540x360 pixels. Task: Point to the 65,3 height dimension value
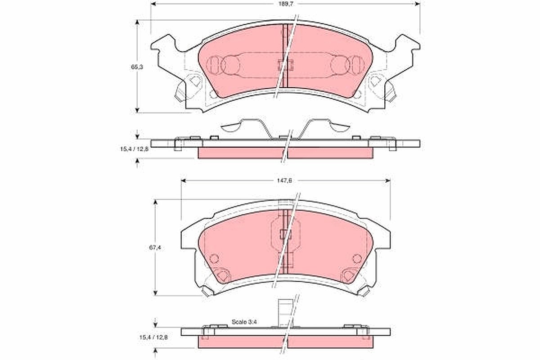coord(137,67)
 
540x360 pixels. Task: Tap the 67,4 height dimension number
coord(155,247)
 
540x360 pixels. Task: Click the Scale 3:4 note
coord(244,322)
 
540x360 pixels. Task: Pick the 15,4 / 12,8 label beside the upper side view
coord(135,149)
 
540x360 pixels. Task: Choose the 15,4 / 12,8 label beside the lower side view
coord(153,337)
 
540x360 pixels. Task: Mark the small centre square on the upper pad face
coord(285,65)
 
